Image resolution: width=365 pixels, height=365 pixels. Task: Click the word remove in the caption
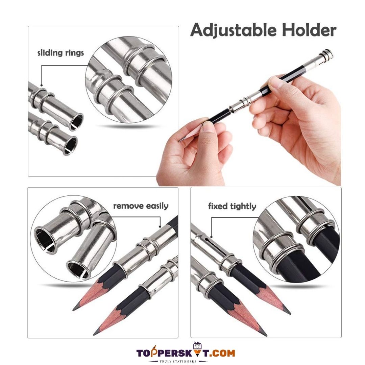click(x=128, y=206)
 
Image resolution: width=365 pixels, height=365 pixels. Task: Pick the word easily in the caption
click(x=157, y=206)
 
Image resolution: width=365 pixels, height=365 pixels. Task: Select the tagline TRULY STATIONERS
click(x=178, y=361)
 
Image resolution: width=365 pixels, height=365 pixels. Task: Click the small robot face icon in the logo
click(x=197, y=346)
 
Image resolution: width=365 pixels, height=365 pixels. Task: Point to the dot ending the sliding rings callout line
click(x=42, y=85)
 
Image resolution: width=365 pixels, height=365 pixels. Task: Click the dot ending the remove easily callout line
click(x=160, y=226)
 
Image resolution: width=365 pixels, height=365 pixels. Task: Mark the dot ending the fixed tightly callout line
click(x=211, y=237)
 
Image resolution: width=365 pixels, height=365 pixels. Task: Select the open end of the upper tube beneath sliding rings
click(x=76, y=122)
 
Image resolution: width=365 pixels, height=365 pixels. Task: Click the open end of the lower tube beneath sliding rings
click(x=70, y=146)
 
